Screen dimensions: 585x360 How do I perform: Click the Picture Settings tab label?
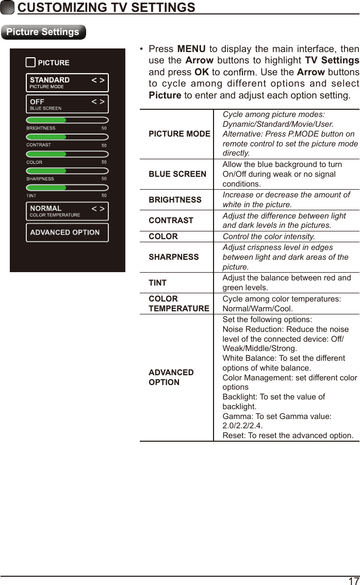pos(43,32)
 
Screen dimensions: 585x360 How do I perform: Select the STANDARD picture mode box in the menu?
pos(67,82)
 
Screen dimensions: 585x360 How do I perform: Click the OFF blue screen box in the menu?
pos(67,104)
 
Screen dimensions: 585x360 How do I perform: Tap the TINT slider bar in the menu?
pos(67,188)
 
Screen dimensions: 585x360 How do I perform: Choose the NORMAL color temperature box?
pos(67,211)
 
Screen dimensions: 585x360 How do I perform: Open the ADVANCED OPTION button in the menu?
pos(67,232)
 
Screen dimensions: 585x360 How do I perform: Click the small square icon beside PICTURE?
pos(30,63)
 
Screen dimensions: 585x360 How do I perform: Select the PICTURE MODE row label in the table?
pos(179,134)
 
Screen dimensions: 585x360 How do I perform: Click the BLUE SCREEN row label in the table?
pos(177,174)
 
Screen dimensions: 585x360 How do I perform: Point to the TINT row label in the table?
pos(157,282)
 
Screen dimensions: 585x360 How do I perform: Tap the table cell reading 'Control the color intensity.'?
pos(269,237)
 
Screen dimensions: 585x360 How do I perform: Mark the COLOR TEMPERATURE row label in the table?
pos(178,304)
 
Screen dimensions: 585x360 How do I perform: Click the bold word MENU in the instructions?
pos(191,49)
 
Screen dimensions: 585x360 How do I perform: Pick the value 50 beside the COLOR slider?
pos(104,162)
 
